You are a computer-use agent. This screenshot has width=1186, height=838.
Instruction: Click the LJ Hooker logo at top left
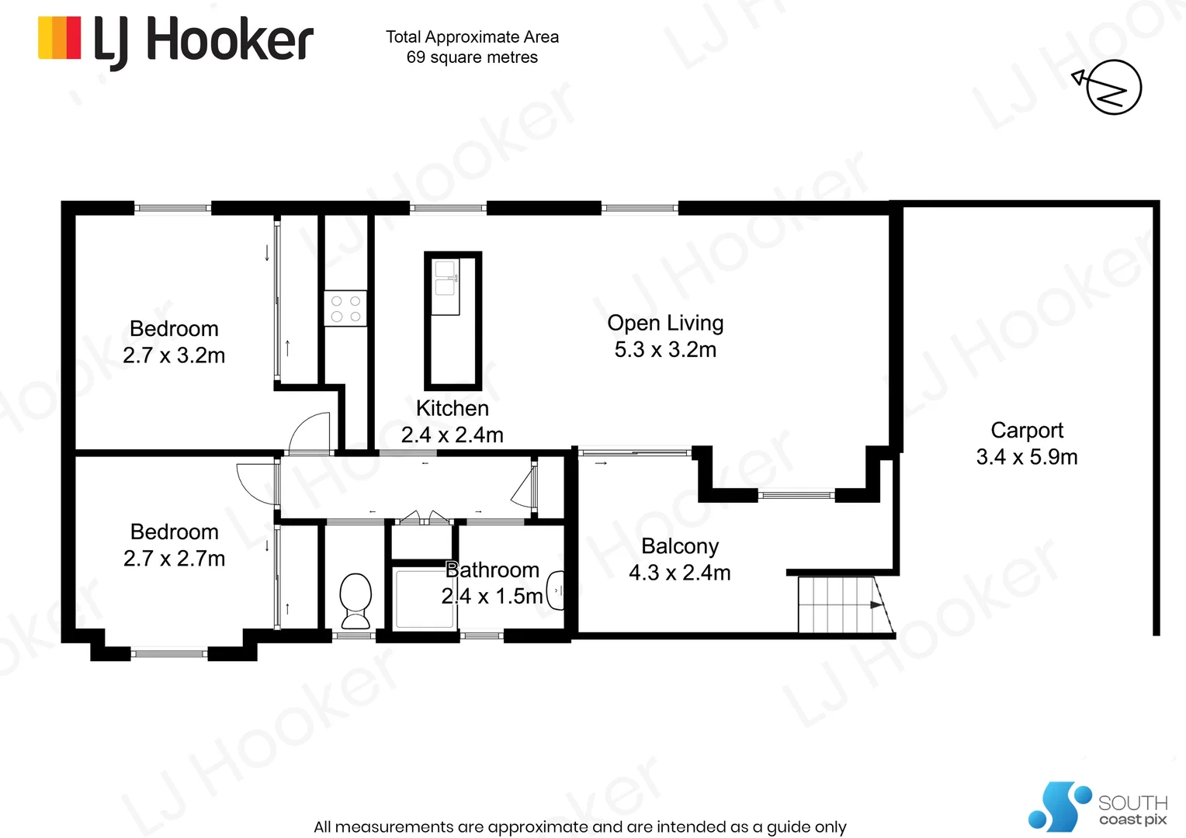point(175,40)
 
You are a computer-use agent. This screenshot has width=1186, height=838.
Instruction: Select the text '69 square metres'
point(472,57)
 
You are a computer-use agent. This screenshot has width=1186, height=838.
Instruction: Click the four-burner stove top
point(345,308)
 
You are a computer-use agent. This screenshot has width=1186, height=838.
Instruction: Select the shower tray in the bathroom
point(423,598)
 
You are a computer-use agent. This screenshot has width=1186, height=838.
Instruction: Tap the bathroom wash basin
point(556,591)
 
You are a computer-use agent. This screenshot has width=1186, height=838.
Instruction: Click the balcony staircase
point(842,605)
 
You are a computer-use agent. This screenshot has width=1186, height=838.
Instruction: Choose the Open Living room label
point(665,323)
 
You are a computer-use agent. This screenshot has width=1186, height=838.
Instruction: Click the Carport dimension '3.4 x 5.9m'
point(1026,457)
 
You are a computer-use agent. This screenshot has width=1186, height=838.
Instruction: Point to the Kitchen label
point(452,408)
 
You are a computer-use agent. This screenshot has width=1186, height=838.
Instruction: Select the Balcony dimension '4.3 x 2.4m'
point(679,573)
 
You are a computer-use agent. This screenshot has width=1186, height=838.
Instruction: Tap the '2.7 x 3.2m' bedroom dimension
point(174,355)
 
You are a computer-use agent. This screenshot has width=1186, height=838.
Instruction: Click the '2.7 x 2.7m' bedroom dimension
point(174,558)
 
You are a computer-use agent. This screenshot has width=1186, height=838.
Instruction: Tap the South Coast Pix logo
point(1098,808)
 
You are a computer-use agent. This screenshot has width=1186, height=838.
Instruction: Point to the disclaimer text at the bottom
point(580,826)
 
